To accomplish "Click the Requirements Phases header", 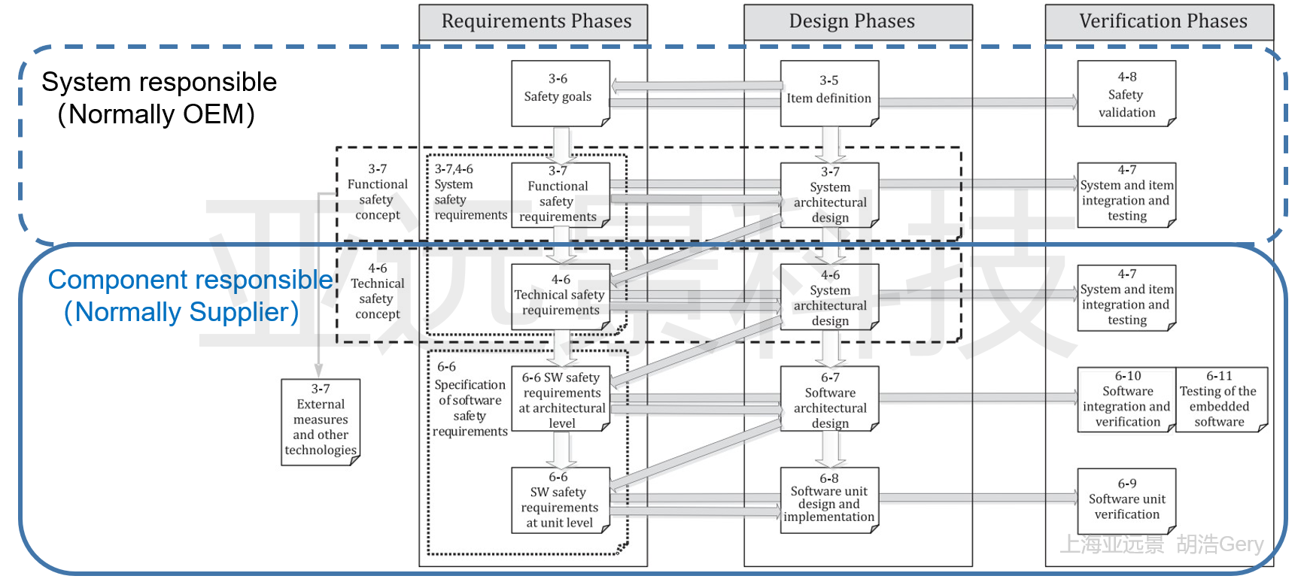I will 536,22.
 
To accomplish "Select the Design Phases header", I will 852,22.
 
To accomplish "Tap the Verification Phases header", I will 1163,22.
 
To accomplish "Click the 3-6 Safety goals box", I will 559,92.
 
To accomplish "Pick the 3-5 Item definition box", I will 829,92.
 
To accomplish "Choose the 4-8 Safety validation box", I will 1126,94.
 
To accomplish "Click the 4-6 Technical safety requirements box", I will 561,296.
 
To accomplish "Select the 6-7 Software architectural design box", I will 829,399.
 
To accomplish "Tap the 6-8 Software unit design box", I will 829,499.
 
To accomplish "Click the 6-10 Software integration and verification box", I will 1126,399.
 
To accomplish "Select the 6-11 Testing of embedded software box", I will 1220,399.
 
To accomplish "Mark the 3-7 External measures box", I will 321,421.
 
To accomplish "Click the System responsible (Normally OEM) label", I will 159,98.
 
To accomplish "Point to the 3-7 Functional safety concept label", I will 378,192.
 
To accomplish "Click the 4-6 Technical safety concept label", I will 378,292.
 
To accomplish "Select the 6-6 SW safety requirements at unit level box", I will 560,500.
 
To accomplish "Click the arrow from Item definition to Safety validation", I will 978,102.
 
